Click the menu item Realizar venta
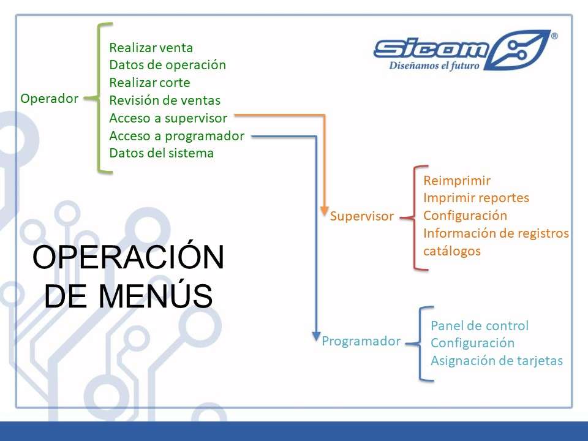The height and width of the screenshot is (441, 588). [151, 48]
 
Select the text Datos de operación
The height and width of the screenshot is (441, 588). [168, 65]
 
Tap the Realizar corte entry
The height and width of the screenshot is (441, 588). [149, 83]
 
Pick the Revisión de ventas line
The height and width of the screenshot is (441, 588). [165, 100]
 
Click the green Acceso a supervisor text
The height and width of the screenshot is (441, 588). [168, 118]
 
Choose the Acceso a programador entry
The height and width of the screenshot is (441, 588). [177, 136]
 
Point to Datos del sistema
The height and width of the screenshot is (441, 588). [162, 153]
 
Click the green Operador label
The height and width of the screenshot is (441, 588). [50, 99]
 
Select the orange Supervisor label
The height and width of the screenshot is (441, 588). [362, 216]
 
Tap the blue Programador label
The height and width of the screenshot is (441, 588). [361, 341]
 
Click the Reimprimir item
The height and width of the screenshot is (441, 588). [457, 180]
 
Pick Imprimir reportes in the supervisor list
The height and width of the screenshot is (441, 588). [477, 198]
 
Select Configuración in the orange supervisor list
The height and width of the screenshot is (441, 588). [466, 216]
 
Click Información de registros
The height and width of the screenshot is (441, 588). [496, 233]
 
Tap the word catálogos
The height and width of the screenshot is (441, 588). [452, 251]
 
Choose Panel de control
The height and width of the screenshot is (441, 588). [480, 325]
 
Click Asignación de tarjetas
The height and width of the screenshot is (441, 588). [497, 361]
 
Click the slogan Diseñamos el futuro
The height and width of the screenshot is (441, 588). [434, 66]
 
